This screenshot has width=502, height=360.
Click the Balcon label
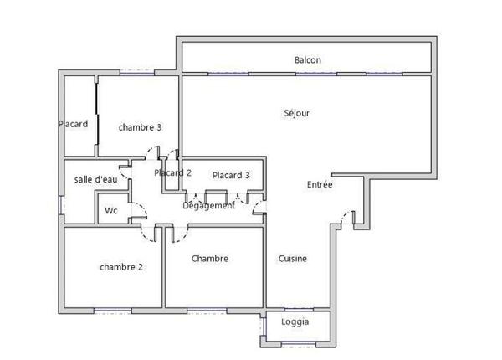pos(308,60)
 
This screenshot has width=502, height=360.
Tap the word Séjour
pos(298,113)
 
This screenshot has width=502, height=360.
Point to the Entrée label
pos(320,185)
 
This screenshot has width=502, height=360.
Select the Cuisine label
pos(292,259)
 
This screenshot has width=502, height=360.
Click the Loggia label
pos(295,322)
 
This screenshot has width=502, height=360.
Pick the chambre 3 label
pos(140,127)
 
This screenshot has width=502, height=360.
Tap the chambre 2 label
pos(121,267)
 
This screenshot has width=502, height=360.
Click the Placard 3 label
pos(231,176)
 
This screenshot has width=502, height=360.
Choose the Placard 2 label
pos(173,172)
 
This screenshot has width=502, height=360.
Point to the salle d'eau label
pos(95,179)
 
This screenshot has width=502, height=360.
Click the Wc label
pos(111,211)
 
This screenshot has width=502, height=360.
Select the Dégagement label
pos(209,205)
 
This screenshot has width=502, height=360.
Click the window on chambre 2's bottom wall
pos(113,310)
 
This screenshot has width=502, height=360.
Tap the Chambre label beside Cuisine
pos(209,259)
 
